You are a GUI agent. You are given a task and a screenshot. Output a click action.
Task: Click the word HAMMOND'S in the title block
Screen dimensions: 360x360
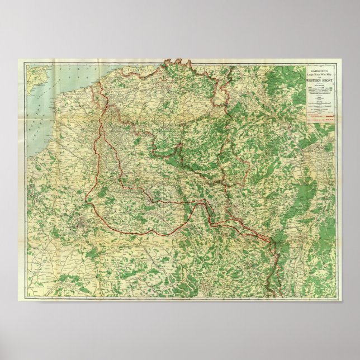pyautogui.click(x=320, y=69)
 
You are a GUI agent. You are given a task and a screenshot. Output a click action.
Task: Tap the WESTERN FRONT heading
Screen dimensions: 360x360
pyautogui.click(x=320, y=81)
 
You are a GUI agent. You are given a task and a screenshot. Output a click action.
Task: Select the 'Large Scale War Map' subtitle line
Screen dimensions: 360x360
pyautogui.click(x=320, y=73)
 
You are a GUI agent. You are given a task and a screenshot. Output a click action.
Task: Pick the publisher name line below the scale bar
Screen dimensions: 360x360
pyautogui.click(x=320, y=108)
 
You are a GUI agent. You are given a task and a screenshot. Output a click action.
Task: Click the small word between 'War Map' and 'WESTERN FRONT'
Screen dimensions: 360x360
pyautogui.click(x=320, y=77)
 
